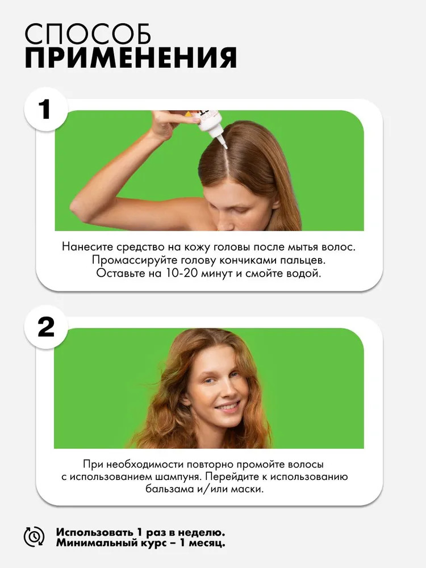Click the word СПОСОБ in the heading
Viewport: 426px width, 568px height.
(87, 35)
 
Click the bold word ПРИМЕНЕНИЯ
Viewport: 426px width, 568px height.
(131, 57)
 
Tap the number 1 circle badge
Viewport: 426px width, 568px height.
(46, 110)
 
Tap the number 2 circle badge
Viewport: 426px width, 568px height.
(46, 328)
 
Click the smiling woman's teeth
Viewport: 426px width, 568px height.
(227, 408)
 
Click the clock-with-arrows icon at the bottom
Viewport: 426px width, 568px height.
(34, 537)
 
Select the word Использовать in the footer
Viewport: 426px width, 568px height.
(95, 532)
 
